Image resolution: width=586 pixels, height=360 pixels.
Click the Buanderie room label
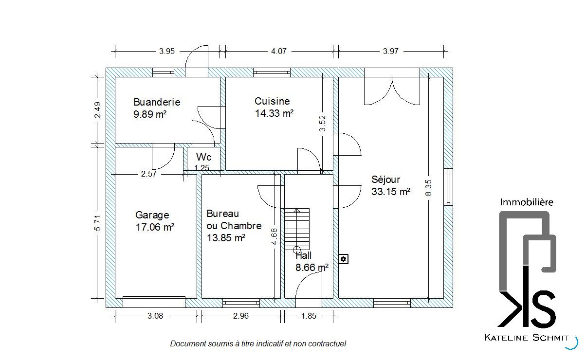point(157,102)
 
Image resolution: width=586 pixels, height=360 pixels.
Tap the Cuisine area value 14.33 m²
point(274,113)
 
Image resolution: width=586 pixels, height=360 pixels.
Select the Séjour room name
point(385,180)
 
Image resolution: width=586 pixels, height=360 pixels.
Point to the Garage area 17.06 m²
point(155,227)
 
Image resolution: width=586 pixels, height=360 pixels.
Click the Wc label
point(203,157)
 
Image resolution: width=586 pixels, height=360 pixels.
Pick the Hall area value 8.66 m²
point(312,268)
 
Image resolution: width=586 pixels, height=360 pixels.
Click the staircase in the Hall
point(297,229)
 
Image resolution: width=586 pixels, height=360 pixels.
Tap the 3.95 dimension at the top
point(166,51)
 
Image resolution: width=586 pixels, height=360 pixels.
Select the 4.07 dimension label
point(278,51)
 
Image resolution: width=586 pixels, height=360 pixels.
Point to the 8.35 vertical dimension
point(428,188)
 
